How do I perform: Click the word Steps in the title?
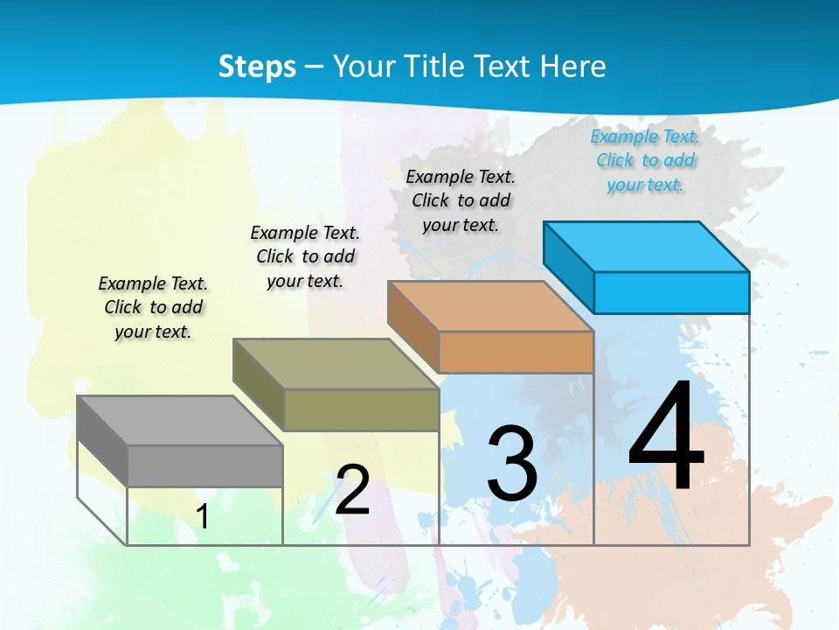(x=257, y=66)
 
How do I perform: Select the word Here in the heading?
(x=572, y=66)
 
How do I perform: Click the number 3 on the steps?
(x=512, y=463)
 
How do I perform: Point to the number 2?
(x=353, y=489)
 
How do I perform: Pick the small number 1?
(x=202, y=516)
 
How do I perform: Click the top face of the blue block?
(x=647, y=246)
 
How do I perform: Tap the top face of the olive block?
(x=336, y=363)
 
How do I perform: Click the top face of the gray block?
(x=180, y=420)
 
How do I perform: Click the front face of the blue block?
(x=671, y=292)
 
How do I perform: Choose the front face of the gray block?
(x=205, y=465)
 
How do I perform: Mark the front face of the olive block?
(x=361, y=409)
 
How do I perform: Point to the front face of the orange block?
(x=516, y=352)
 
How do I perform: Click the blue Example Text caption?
(x=645, y=160)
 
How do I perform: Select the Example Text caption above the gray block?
(x=153, y=307)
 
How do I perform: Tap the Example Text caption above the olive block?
(x=305, y=256)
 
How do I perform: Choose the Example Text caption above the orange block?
(x=461, y=200)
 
